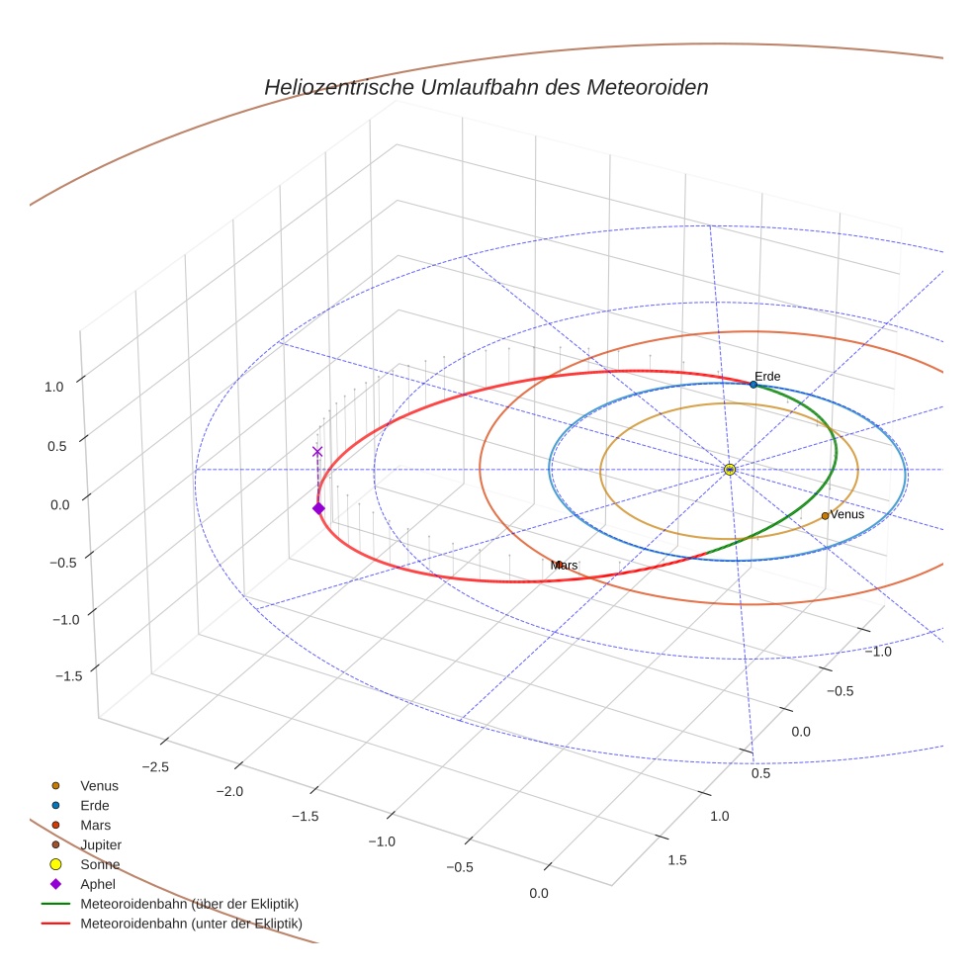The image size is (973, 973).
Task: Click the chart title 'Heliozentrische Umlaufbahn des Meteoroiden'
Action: [x=486, y=87]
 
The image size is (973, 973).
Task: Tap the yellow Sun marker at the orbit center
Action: [x=729, y=469]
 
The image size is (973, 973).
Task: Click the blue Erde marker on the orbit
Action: [x=753, y=384]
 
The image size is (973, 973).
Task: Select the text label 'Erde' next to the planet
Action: [x=767, y=376]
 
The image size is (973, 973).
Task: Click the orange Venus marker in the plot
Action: [x=825, y=515]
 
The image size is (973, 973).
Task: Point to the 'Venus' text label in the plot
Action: [x=846, y=514]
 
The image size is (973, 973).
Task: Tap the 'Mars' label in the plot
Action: [x=564, y=565]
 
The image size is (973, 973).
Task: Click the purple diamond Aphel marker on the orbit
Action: [x=318, y=507]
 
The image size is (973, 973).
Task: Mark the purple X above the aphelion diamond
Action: [x=317, y=451]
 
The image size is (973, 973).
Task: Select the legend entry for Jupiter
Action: [x=100, y=844]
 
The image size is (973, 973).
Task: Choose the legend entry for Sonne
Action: [x=100, y=864]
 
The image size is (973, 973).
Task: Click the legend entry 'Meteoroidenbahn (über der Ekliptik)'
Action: [x=189, y=904]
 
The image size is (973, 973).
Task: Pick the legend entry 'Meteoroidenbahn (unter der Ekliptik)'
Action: [x=191, y=924]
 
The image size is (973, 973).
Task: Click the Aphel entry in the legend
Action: [x=96, y=884]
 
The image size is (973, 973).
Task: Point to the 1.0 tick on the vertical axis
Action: [x=53, y=387]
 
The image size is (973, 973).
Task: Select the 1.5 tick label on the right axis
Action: [x=677, y=860]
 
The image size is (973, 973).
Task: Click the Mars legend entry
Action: [x=95, y=825]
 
